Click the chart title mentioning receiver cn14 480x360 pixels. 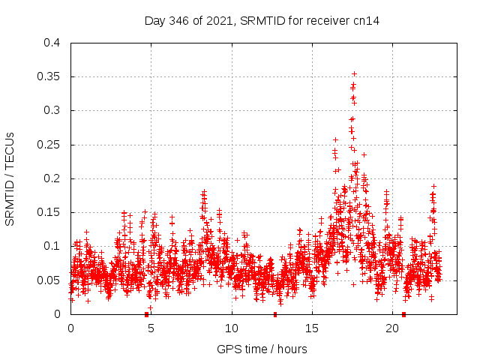click(x=262, y=20)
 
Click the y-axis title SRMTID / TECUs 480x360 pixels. click(x=10, y=178)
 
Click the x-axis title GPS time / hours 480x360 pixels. click(x=262, y=349)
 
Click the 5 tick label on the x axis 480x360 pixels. click(x=151, y=328)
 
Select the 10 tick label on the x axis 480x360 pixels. click(x=232, y=328)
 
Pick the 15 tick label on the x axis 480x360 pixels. click(x=312, y=328)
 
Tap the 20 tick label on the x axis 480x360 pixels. click(x=392, y=328)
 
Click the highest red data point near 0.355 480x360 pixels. click(x=354, y=73)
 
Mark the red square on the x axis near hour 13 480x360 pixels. click(x=275, y=314)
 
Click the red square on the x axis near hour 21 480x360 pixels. click(x=403, y=314)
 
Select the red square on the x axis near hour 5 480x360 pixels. click(x=146, y=314)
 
